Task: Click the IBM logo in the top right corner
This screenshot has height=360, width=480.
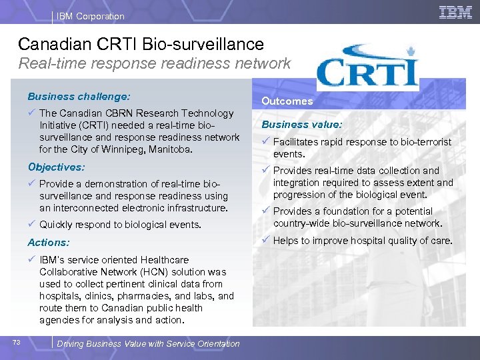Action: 455,12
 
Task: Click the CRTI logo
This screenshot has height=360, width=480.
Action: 367,67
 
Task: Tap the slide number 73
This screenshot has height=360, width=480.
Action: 17,343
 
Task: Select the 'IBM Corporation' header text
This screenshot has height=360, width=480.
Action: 91,16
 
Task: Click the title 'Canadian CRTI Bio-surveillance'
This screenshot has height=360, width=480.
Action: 141,44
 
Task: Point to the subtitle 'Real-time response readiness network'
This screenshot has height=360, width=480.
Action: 154,64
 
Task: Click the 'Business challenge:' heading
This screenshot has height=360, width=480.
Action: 79,96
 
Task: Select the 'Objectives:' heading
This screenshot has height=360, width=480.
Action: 57,167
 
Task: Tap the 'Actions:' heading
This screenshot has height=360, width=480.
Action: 49,243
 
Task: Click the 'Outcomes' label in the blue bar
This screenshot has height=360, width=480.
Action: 287,101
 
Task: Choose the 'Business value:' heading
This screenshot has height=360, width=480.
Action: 302,124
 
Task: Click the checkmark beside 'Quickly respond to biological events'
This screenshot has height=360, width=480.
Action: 32,225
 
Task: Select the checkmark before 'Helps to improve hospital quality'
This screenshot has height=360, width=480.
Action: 265,241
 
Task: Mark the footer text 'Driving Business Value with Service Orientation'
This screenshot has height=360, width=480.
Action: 148,344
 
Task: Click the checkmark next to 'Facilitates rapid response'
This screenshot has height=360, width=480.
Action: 265,141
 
